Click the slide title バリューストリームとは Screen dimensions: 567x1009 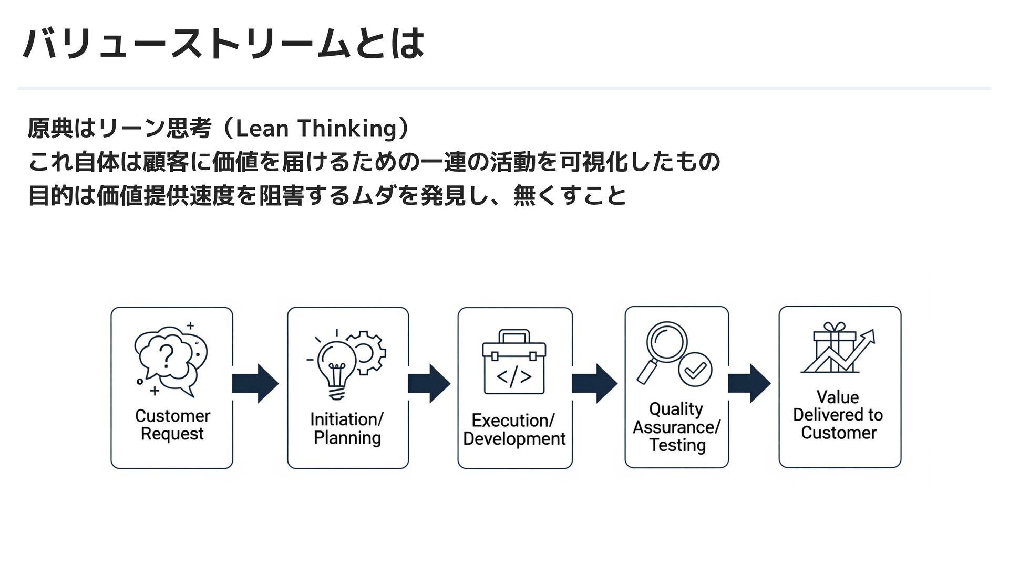pyautogui.click(x=223, y=44)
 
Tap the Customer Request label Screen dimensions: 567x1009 pyautogui.click(x=172, y=425)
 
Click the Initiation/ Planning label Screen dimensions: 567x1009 pyautogui.click(x=347, y=428)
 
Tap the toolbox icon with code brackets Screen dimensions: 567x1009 pyautogui.click(x=514, y=362)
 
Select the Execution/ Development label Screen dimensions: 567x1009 pyautogui.click(x=514, y=429)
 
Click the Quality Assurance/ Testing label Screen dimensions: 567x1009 pyautogui.click(x=676, y=427)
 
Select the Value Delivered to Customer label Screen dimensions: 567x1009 pyautogui.click(x=838, y=415)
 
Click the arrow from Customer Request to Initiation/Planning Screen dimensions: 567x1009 pyautogui.click(x=255, y=384)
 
